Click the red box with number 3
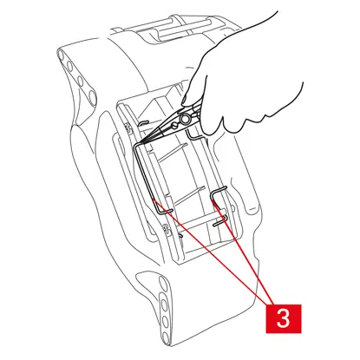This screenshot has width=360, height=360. point(284,318)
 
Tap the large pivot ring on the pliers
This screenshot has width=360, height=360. point(184,119)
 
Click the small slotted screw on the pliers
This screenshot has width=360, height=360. point(174,126)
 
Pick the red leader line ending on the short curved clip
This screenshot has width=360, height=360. point(243,252)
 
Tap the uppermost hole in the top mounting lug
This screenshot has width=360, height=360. point(62,54)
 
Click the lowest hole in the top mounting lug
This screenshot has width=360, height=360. point(92,97)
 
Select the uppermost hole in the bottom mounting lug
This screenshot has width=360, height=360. point(162,283)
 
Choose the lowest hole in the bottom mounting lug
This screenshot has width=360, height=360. point(165,337)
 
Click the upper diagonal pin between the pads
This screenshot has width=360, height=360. point(173,153)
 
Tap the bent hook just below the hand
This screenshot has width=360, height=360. point(193,135)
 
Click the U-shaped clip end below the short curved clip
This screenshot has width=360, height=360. point(220,222)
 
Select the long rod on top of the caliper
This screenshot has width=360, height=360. point(185,27)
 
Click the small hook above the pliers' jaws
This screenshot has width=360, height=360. point(143,123)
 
